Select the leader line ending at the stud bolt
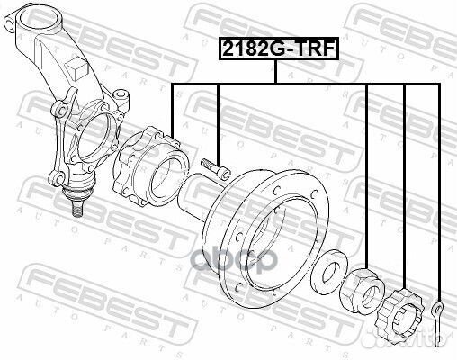pyautogui.click(x=218, y=117)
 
